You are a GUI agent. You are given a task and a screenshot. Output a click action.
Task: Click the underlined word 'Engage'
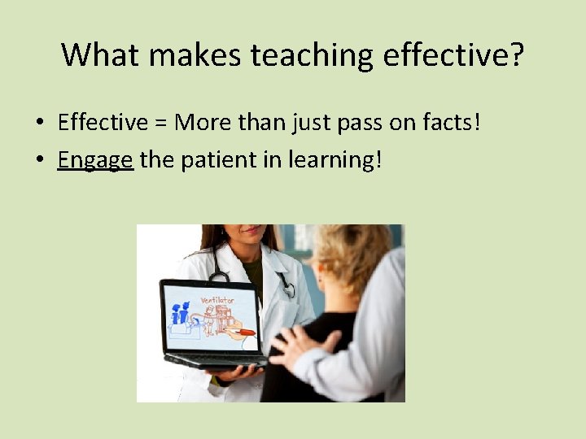point(95,159)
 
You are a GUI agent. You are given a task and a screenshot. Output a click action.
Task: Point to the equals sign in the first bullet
point(160,124)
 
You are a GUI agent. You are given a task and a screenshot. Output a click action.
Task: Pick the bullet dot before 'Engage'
point(39,160)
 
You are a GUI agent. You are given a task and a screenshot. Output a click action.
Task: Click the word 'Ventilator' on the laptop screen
point(216,300)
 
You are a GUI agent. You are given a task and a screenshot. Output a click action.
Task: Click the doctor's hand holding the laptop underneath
point(235,373)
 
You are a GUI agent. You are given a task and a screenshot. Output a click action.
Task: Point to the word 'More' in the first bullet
point(203,123)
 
